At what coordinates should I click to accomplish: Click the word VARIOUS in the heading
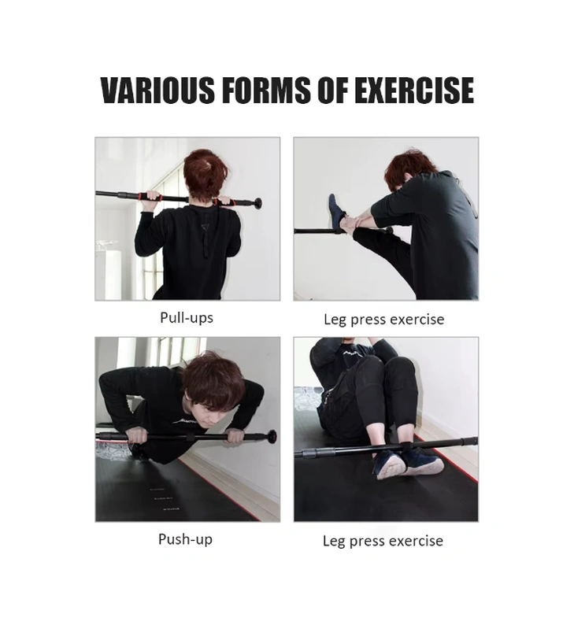(157, 90)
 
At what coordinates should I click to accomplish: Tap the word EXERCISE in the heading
(414, 90)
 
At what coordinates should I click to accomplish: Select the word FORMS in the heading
(266, 90)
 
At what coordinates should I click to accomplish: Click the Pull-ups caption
(187, 318)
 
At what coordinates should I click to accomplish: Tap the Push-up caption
(185, 539)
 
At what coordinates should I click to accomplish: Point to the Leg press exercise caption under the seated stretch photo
(384, 320)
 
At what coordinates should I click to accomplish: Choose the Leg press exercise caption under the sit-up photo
(383, 542)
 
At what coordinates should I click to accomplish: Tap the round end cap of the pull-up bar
(258, 203)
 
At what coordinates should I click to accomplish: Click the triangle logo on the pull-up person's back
(206, 227)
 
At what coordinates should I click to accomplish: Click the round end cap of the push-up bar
(272, 436)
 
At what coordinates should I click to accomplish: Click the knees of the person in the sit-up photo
(386, 368)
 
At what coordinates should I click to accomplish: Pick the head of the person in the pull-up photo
(206, 174)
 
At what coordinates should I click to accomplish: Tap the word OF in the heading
(331, 90)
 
